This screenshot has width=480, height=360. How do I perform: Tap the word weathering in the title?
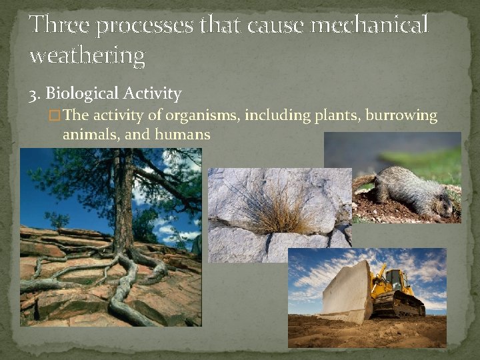click(87, 56)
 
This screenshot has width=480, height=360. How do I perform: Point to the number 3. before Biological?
click(35, 94)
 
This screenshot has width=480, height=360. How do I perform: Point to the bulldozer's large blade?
click(347, 293)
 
